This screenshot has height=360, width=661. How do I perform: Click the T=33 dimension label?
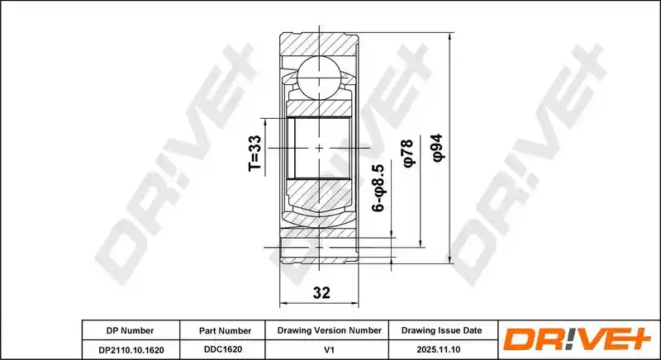coord(255,154)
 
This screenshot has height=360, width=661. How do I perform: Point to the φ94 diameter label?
coord(438,148)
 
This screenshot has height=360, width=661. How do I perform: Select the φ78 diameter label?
coord(408,154)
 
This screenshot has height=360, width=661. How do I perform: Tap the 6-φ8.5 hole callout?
coord(378,187)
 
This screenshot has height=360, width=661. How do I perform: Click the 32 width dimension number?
coord(321,292)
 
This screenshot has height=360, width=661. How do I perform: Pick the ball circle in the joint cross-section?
coord(319,76)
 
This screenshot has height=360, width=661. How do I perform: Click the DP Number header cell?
coord(130,330)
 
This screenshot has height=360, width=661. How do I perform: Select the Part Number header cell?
coord(225,331)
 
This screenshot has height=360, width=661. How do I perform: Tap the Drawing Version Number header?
coord(329,330)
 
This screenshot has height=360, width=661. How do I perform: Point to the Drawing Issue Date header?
coord(441,330)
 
